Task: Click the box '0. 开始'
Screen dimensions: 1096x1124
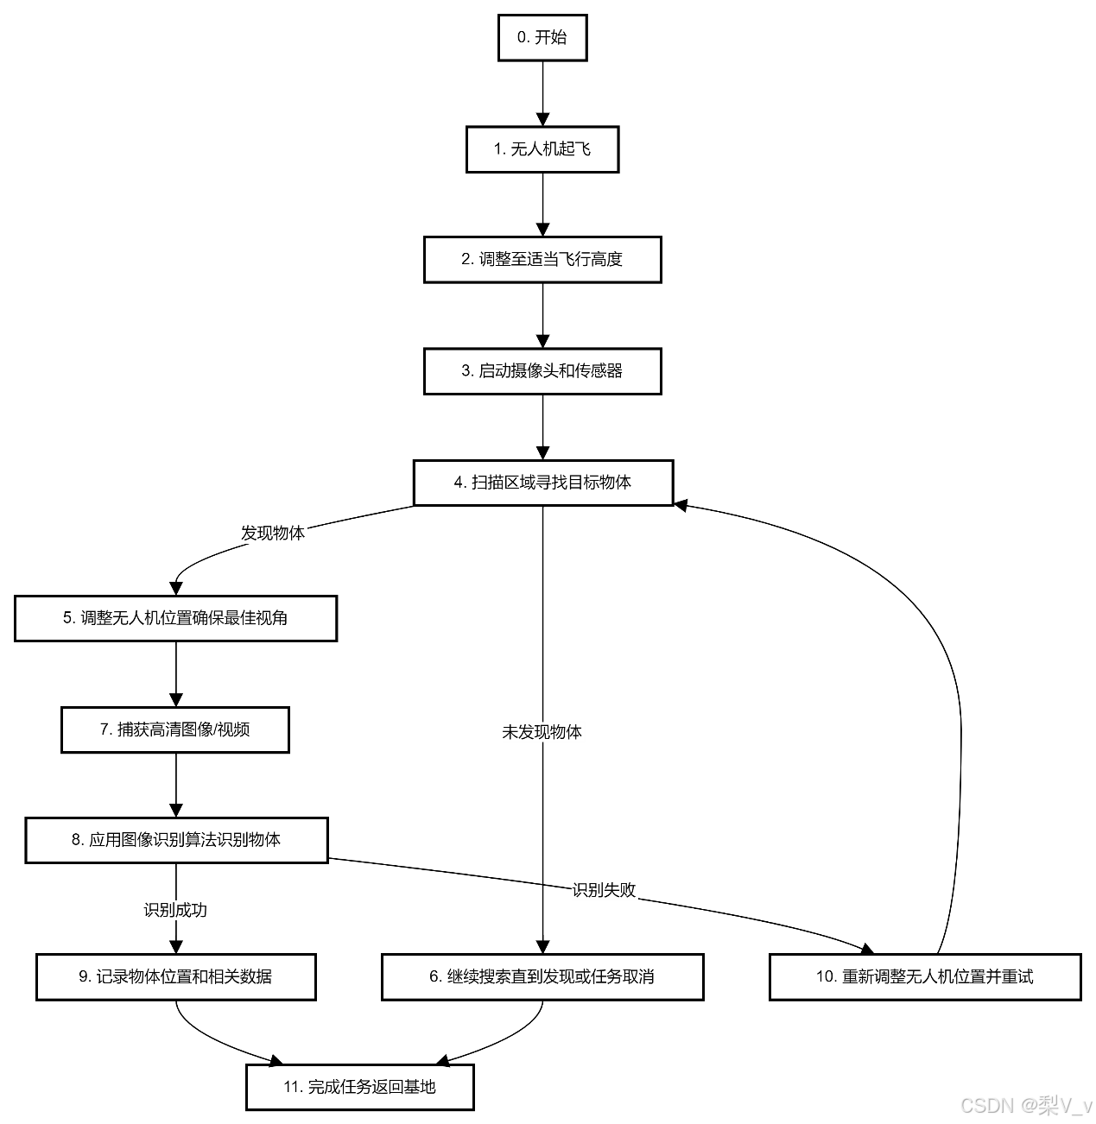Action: click(x=542, y=38)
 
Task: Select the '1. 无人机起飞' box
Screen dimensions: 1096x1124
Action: click(x=542, y=150)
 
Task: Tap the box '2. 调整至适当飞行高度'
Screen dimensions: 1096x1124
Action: click(x=542, y=260)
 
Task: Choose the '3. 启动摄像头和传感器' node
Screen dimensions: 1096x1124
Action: click(x=542, y=371)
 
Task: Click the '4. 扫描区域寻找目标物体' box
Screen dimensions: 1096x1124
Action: click(x=543, y=483)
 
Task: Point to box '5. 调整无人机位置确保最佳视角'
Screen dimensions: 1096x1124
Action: click(x=175, y=618)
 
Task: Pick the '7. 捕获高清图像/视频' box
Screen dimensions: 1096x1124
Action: click(x=175, y=730)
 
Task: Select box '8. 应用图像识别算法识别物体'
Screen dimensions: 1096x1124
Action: click(x=176, y=840)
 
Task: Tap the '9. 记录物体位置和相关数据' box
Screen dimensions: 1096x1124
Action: click(x=176, y=977)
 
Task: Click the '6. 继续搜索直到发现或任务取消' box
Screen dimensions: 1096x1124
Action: click(x=542, y=977)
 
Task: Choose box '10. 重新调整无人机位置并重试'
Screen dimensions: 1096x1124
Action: click(x=925, y=977)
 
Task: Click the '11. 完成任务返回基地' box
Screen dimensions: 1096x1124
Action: click(x=360, y=1088)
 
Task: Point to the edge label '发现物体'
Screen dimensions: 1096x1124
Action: click(x=273, y=534)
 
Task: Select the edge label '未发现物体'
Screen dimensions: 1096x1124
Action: click(x=542, y=732)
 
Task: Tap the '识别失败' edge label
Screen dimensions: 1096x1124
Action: click(x=605, y=890)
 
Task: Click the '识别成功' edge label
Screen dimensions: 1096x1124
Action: click(x=176, y=910)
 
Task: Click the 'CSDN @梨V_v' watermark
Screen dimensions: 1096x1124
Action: click(x=1025, y=1105)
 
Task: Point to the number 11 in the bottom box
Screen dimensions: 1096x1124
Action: click(x=292, y=1088)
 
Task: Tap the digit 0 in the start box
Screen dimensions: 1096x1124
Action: click(x=522, y=38)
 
